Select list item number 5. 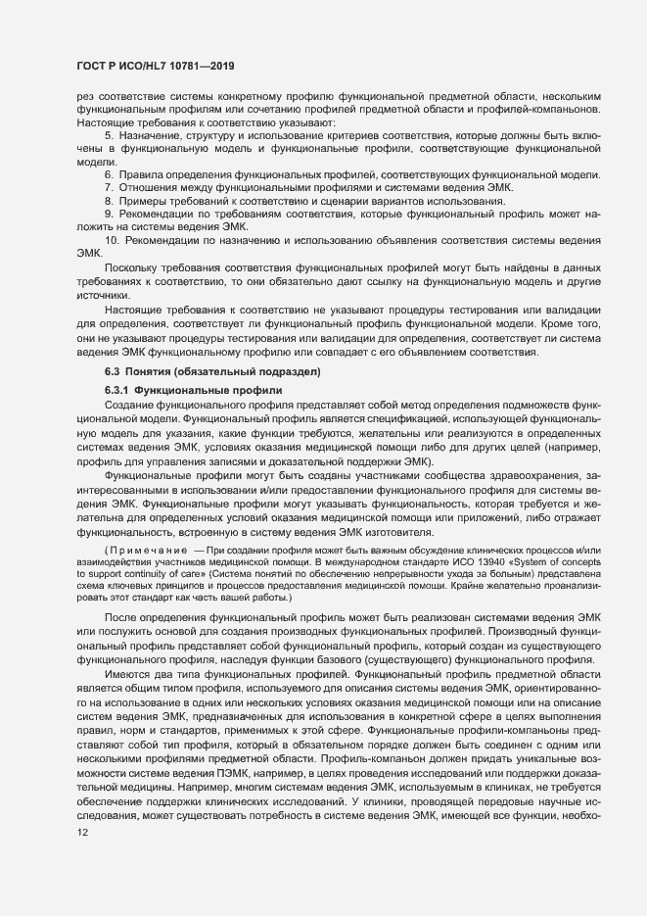point(110,134)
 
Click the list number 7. point(110,186)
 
